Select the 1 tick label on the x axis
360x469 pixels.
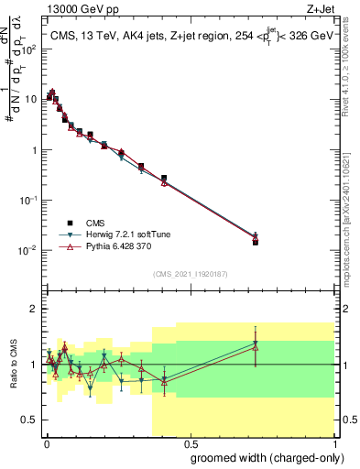click(x=333, y=442)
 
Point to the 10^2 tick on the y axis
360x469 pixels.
click(x=29, y=49)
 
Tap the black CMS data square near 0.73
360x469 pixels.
click(x=256, y=242)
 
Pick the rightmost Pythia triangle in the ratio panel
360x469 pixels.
click(x=256, y=346)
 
